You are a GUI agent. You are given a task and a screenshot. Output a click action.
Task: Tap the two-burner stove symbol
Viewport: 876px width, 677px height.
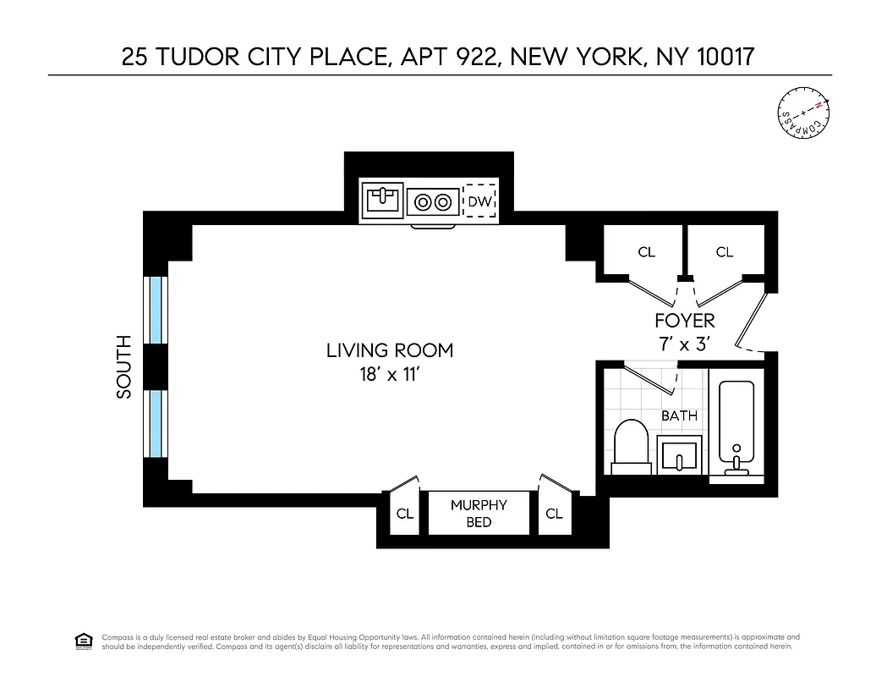432,202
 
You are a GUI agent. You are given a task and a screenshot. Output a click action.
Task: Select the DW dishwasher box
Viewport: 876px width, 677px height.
479,201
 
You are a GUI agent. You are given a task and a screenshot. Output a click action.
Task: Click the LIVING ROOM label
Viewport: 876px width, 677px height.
390,350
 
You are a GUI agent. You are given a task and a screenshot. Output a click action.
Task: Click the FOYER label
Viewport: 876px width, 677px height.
685,321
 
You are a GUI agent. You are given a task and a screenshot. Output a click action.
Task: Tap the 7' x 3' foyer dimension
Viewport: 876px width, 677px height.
684,344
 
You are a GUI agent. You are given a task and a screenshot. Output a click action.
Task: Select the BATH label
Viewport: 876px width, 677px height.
679,416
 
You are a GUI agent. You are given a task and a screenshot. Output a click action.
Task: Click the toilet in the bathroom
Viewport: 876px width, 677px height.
630,444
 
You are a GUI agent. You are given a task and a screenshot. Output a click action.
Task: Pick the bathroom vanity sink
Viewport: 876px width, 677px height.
680,454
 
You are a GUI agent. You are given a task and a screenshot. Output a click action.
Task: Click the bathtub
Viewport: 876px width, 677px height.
736,427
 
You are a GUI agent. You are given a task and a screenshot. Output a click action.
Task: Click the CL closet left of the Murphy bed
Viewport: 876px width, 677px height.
405,514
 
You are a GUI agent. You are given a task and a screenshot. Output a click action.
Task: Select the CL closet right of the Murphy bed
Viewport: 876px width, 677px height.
554,514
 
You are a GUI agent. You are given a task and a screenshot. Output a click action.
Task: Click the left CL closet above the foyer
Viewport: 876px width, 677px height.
646,251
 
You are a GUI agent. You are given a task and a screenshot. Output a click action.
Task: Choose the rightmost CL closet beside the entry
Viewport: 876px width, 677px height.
724,251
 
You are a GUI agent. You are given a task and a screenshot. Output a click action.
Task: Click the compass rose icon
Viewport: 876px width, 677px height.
804,114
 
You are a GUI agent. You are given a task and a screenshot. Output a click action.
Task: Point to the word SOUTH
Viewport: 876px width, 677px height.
124,366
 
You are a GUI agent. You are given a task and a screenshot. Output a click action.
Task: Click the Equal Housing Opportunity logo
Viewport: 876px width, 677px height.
83,641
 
